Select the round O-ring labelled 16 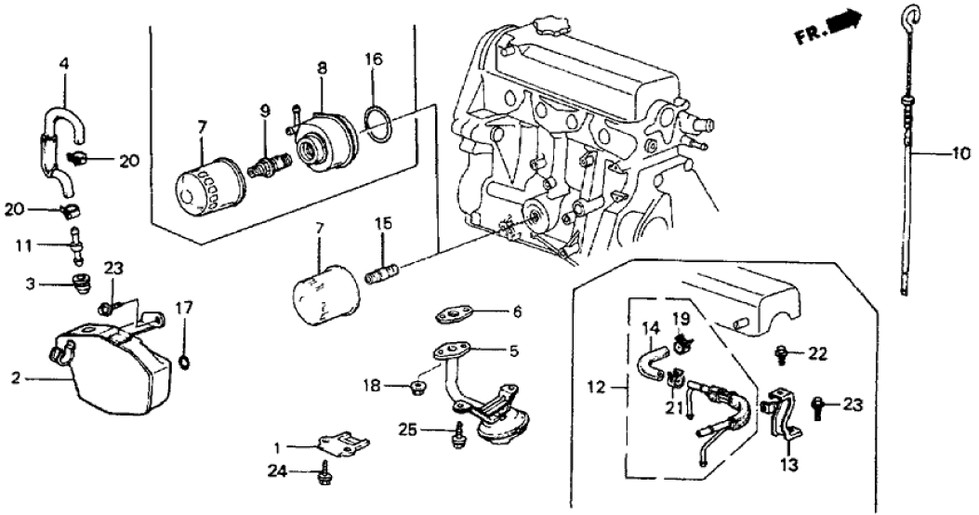(x=374, y=125)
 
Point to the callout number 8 (x=322, y=68)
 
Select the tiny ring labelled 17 (x=184, y=360)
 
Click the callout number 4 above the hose (x=63, y=66)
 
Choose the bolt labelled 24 (x=324, y=475)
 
